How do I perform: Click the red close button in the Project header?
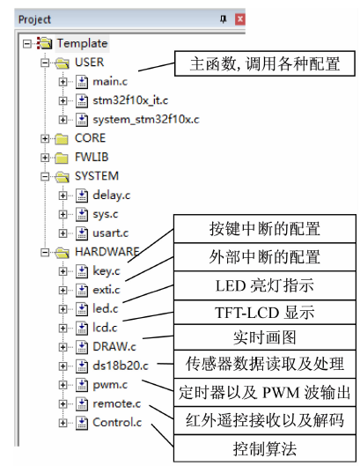coord(239,19)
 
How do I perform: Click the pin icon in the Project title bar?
coord(223,19)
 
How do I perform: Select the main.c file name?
coord(110,81)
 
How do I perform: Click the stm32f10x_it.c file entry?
coord(130,100)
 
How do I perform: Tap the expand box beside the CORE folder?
coord(45,138)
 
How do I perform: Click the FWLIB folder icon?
coord(62,157)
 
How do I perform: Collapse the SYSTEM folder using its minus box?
coord(45,176)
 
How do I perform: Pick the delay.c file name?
coord(112,196)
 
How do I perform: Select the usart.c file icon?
coord(82,233)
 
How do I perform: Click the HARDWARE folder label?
coord(107,252)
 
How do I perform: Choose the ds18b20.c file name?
coord(121,366)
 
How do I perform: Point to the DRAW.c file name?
coord(114,347)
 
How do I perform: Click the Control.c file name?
coord(117,422)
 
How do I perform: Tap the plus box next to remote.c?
coord(62,404)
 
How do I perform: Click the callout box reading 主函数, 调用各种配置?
coord(265,63)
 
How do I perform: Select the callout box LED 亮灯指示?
coord(265,285)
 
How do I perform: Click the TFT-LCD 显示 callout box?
coord(265,312)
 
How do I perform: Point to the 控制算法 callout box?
coord(265,448)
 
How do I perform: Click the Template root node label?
coord(82,43)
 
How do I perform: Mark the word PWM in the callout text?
coord(281,393)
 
